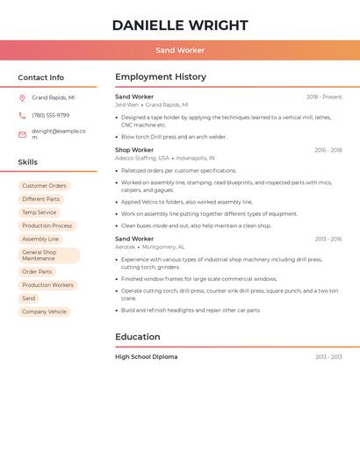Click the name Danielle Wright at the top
point(180,25)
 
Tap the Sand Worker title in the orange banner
point(180,50)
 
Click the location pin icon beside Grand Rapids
point(22,98)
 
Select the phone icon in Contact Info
point(22,116)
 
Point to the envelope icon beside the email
point(22,134)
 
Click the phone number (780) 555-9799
point(50,116)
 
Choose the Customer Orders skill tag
point(44,186)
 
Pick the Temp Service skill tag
point(39,212)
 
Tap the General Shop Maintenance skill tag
point(48,255)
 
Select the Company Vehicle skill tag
point(44,311)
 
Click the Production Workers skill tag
point(47,285)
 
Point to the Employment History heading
point(161,77)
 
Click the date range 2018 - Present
point(324,97)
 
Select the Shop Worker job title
point(134,150)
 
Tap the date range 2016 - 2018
point(328,150)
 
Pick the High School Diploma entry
point(146,357)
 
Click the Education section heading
point(138,337)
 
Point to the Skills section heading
point(28,162)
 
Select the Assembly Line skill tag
point(40,239)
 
